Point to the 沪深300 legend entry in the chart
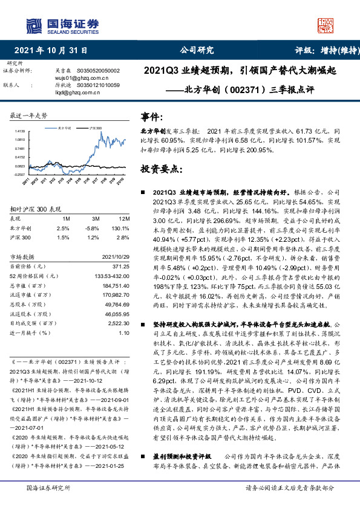coord(95,129)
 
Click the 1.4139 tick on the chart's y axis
coord(20,131)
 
